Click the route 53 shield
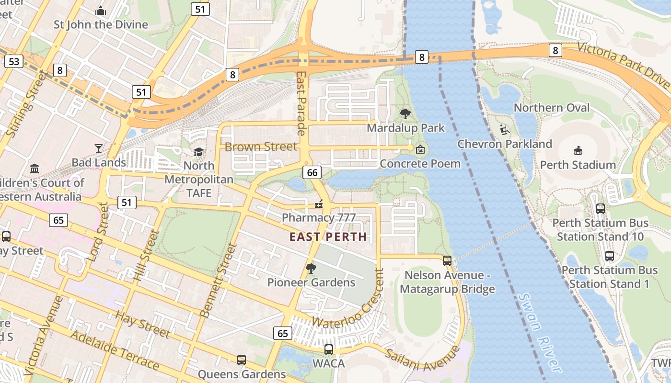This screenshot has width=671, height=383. [x=14, y=61]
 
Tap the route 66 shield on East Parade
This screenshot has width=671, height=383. [x=312, y=173]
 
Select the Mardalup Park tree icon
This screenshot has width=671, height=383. [x=405, y=114]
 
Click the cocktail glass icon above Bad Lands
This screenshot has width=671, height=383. [x=99, y=148]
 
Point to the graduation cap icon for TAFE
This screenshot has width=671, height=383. [x=198, y=152]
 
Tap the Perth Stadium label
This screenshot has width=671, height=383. [x=578, y=165]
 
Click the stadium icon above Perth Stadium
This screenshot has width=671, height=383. [x=578, y=150]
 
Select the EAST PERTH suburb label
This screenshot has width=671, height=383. [x=328, y=237]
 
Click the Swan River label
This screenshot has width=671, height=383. [x=540, y=333]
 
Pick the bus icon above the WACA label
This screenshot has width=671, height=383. [x=329, y=349]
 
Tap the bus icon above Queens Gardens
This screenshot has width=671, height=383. [x=242, y=360]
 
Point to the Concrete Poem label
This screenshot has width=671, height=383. [x=420, y=164]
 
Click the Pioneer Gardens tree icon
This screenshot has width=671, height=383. [x=311, y=268]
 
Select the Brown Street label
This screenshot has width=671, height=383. [x=261, y=146]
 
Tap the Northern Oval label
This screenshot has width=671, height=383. [x=552, y=108]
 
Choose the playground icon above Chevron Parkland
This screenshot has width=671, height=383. [x=504, y=130]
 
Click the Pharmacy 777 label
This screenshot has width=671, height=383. [x=319, y=218]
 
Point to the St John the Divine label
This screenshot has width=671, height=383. [x=101, y=24]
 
